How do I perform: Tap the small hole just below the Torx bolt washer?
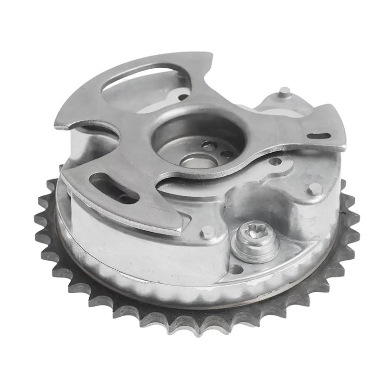coord(235,269)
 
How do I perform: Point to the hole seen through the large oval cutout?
coord(183,97)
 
